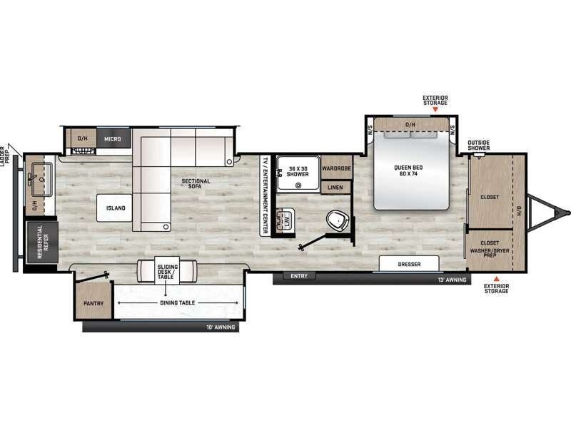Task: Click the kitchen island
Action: click(x=116, y=208)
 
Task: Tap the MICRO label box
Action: click(x=112, y=138)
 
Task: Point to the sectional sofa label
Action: click(x=196, y=184)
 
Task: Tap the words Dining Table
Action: click(x=167, y=302)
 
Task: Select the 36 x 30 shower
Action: click(x=297, y=172)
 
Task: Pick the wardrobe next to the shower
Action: click(x=336, y=169)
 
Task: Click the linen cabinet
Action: click(x=336, y=188)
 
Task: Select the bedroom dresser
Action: click(x=409, y=264)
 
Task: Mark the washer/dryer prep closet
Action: click(x=490, y=250)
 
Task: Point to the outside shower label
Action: click(x=478, y=146)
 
